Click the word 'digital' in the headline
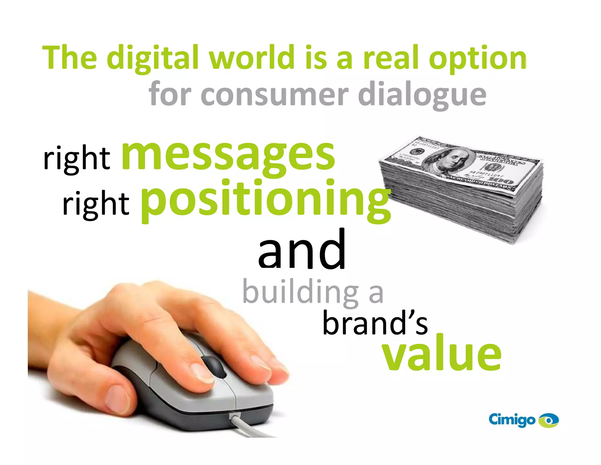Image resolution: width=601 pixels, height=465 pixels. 153,58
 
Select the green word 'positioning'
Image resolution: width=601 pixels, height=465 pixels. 266,200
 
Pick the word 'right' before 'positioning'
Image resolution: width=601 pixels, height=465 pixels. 96,203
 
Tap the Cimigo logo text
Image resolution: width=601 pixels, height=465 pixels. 511,419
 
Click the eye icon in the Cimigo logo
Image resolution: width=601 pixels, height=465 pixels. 548,420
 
